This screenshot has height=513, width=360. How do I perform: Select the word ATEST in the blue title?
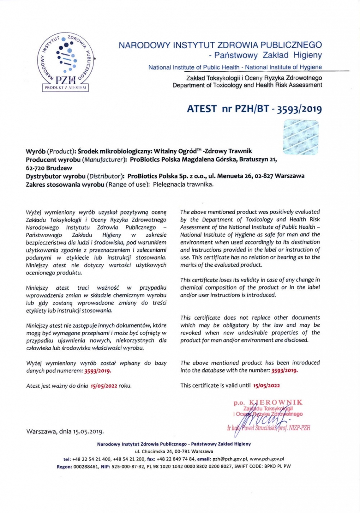[202, 109]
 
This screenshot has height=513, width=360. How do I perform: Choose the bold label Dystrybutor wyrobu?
[55, 176]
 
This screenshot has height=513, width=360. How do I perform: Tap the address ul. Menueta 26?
[237, 176]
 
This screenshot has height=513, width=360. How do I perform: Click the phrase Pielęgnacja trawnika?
[183, 184]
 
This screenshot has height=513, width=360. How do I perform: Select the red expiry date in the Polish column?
[104, 386]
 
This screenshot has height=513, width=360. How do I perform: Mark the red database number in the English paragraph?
[284, 370]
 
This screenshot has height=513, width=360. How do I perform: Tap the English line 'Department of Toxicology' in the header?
[247, 85]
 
